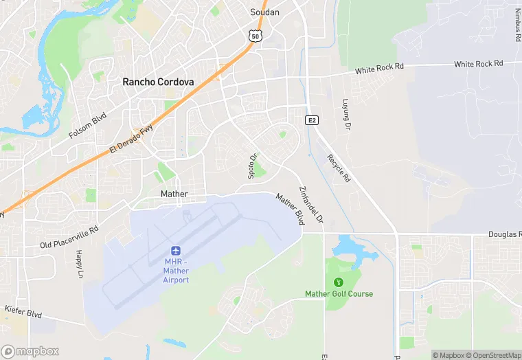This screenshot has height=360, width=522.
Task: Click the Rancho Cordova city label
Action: [158, 82]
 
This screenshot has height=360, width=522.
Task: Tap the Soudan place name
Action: [264, 12]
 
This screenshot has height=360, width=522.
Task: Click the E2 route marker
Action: [313, 120]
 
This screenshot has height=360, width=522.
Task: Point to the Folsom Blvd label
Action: [88, 126]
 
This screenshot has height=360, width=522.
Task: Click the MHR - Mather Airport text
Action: [177, 271]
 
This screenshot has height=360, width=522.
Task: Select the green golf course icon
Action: [338, 282]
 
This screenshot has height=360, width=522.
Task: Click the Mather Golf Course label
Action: [339, 294]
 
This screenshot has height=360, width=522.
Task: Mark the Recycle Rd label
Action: [339, 167]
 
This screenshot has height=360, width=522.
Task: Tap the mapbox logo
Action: [30, 351]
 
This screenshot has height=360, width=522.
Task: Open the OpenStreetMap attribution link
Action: [494, 355]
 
